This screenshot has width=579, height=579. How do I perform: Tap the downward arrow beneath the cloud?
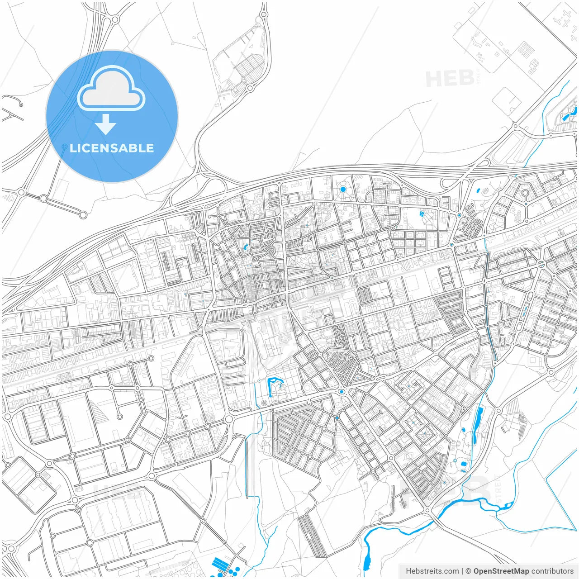pyautogui.click(x=106, y=124)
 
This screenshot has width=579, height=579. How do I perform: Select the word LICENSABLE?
pyautogui.click(x=112, y=148)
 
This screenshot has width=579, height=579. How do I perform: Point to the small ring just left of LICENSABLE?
pyautogui.click(x=64, y=147)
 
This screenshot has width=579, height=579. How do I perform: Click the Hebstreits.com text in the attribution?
pyautogui.click(x=432, y=571)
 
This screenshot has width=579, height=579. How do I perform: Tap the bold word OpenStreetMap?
pyautogui.click(x=501, y=571)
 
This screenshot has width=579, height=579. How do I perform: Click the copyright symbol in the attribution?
pyautogui.click(x=468, y=571)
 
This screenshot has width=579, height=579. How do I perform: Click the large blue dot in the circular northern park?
pyautogui.click(x=343, y=189)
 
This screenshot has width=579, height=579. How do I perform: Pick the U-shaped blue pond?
pyautogui.click(x=272, y=386)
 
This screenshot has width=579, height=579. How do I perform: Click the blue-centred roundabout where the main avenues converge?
pyautogui.click(x=342, y=392)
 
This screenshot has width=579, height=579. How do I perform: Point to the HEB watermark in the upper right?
pyautogui.click(x=450, y=79)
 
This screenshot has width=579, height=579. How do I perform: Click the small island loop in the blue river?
pyautogui.click(x=508, y=505)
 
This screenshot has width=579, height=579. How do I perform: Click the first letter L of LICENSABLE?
pyautogui.click(x=73, y=148)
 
